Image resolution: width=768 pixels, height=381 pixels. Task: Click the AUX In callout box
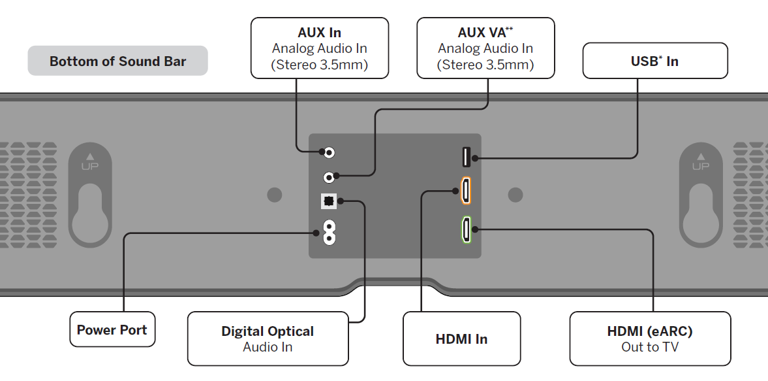pos(320,48)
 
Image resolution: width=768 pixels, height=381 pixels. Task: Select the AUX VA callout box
pos(485,48)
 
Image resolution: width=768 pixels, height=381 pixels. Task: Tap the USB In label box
pos(654,61)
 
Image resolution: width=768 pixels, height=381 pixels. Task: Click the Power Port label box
pos(112,329)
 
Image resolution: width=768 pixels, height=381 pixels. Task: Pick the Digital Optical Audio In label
pos(268,339)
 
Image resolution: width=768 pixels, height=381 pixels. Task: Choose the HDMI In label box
pos(461,339)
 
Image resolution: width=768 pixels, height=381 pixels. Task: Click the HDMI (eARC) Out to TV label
pos(650,339)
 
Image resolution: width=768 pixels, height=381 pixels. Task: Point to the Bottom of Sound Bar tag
pos(117,61)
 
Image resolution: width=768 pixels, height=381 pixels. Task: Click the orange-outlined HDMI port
pos(466,191)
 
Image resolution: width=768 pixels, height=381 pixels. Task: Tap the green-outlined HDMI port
pos(466,229)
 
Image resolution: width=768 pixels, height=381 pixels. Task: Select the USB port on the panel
pos(467,157)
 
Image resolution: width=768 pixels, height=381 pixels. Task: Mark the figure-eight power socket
pos(329,232)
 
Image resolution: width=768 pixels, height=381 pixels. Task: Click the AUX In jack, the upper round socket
pos(330,153)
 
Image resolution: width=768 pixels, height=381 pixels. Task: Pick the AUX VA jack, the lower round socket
pos(330,176)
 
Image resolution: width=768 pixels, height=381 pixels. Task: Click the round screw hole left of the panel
pos(275,195)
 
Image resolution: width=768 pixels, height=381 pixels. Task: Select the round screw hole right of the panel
pos(515,195)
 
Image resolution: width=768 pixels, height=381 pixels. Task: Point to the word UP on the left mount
pos(90,166)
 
